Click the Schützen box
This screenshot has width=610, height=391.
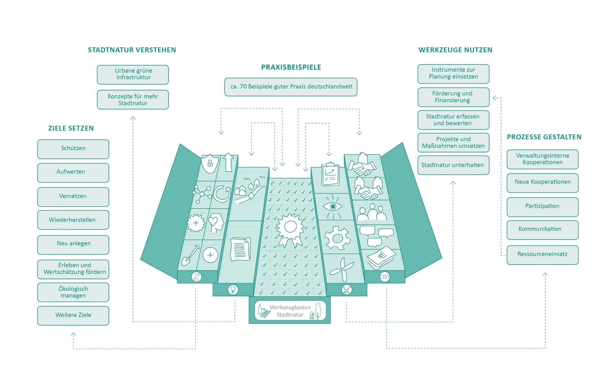[x=73, y=149]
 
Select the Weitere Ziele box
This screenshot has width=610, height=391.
[x=73, y=316]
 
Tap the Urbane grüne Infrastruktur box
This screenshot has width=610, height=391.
[x=133, y=75]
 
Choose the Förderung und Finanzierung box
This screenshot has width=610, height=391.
[x=454, y=97]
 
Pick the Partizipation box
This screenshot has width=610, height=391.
[x=543, y=207]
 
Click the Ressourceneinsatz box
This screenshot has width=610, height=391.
[x=543, y=255]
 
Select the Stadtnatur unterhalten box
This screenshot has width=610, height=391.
[x=454, y=165]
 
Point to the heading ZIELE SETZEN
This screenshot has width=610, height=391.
[x=71, y=128]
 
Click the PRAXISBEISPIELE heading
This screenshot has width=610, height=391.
[x=291, y=67]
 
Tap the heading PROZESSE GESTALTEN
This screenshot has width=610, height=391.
[x=544, y=137]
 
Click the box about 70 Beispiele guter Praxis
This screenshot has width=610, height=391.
[x=291, y=87]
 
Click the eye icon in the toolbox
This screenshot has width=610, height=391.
[x=333, y=207]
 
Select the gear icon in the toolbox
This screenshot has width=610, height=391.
[x=337, y=238]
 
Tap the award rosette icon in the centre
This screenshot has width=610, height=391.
[x=290, y=230]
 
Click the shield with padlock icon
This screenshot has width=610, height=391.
[x=210, y=163]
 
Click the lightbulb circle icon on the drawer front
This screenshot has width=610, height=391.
[x=233, y=289]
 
